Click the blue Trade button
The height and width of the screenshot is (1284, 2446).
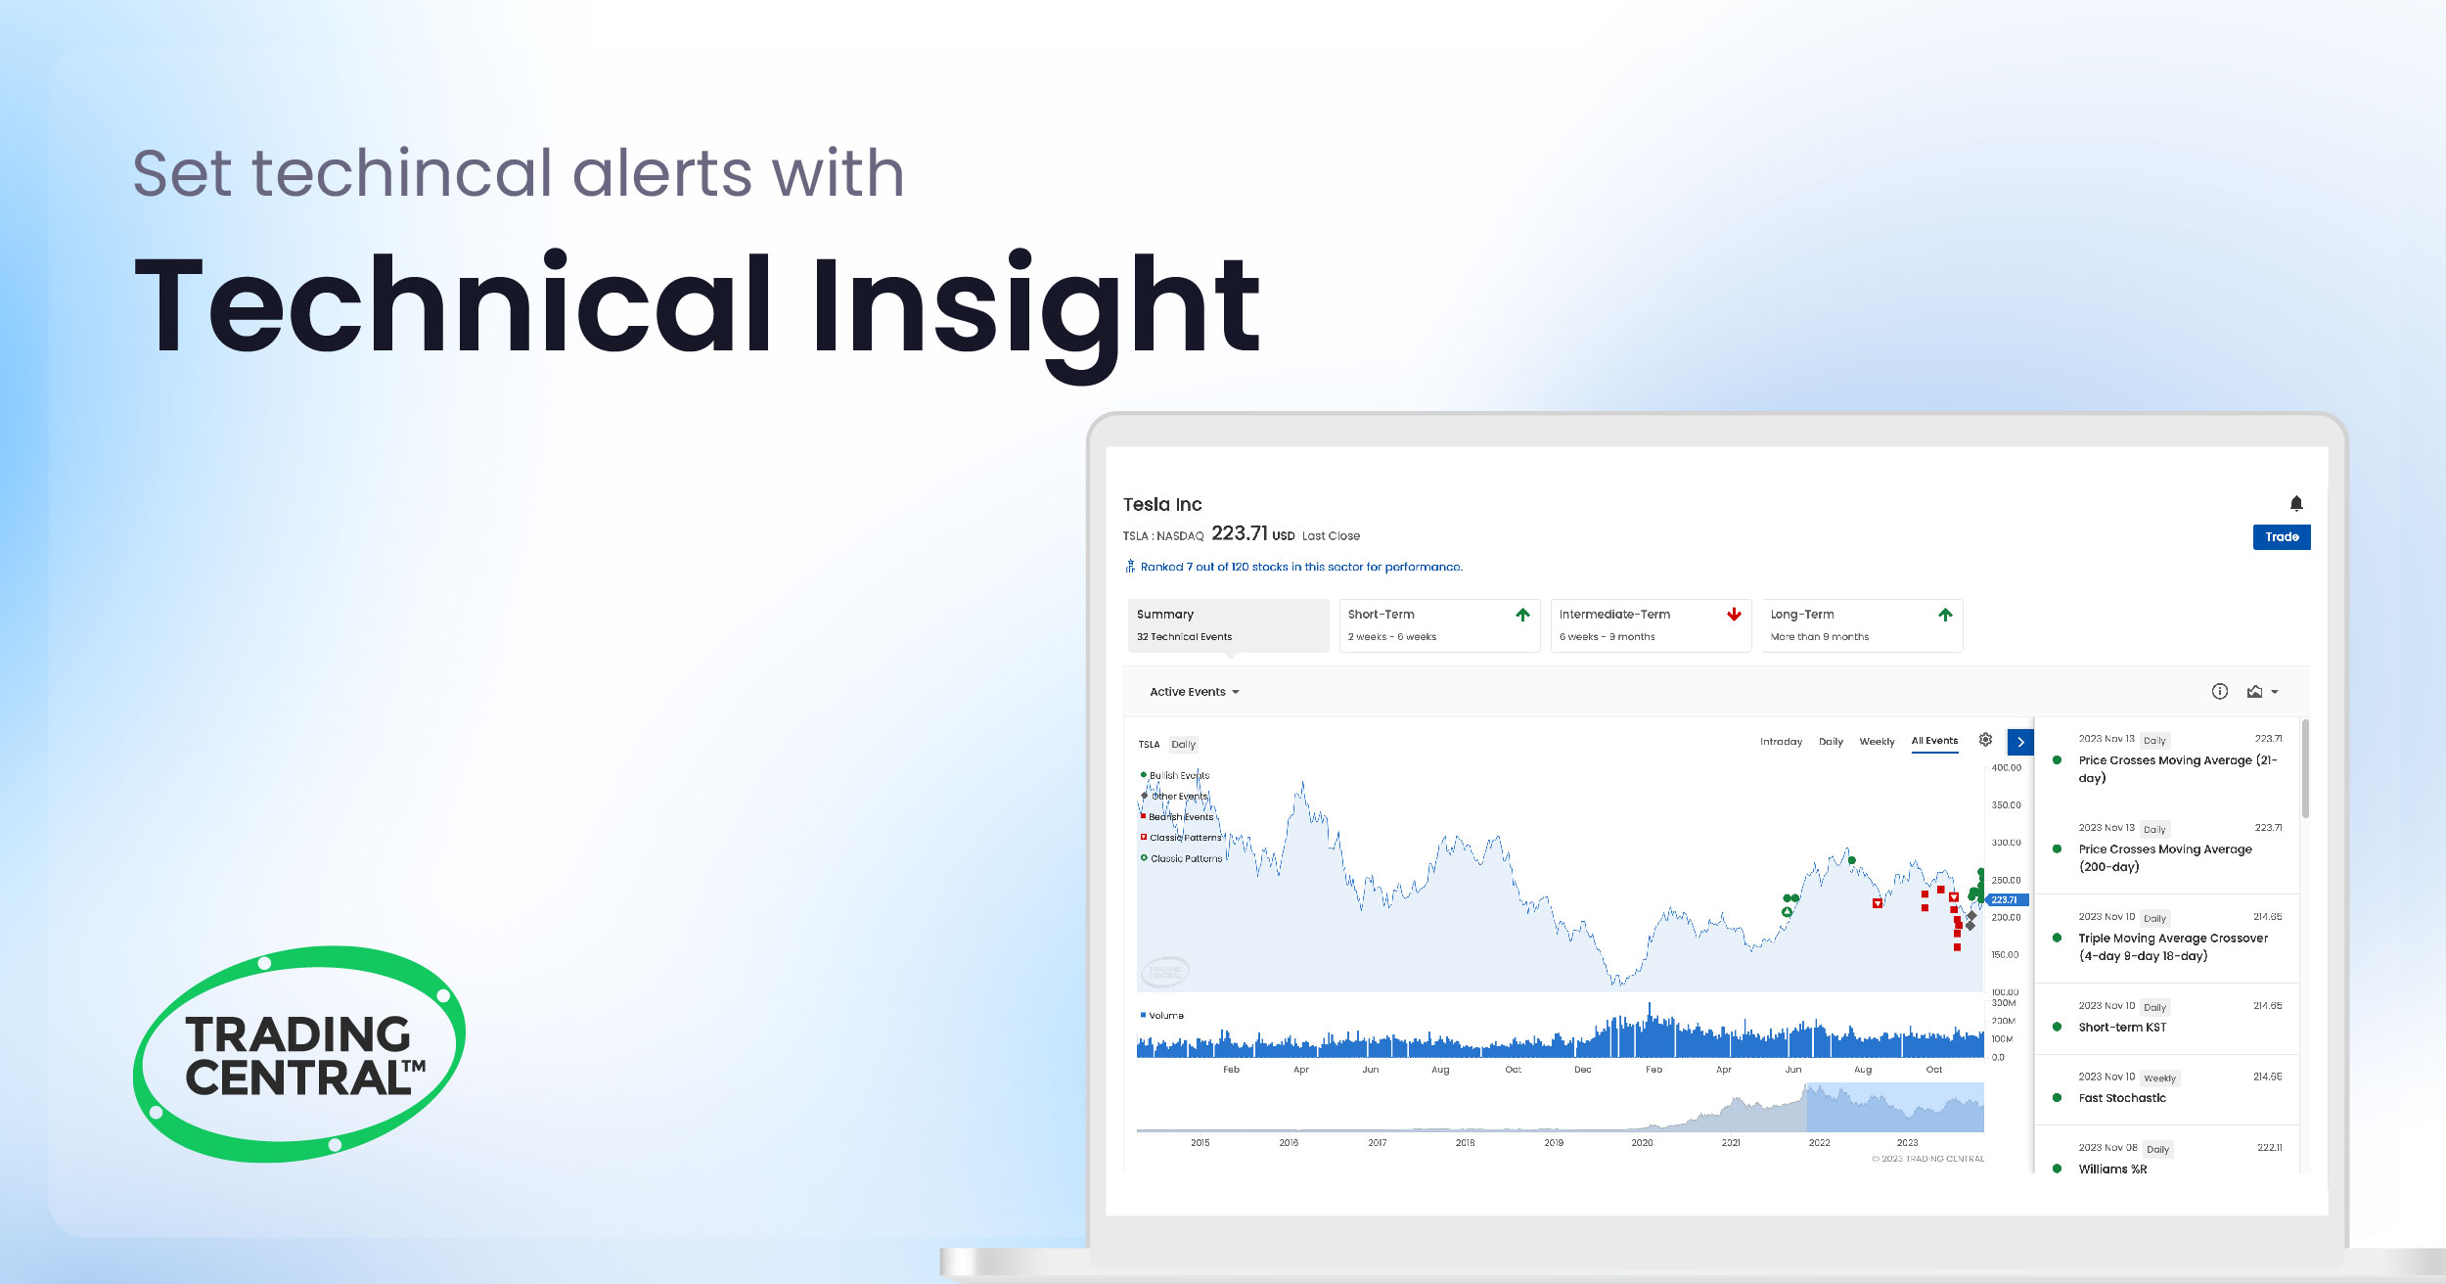(2281, 536)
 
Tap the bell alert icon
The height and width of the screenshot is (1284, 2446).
(2295, 503)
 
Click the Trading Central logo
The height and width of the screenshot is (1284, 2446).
(298, 1054)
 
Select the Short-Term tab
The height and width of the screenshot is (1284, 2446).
(1438, 624)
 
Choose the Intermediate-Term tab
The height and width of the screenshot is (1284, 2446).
(1650, 624)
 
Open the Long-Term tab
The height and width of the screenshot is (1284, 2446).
(1861, 624)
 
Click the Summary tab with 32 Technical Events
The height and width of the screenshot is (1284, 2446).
(1227, 624)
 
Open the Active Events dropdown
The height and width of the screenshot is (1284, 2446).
(1194, 692)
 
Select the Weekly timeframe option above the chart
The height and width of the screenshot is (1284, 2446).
(1876, 742)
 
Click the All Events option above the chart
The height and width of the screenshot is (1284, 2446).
(1934, 741)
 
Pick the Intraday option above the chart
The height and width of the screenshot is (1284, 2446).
(1780, 742)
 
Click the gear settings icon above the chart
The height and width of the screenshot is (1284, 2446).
(1985, 740)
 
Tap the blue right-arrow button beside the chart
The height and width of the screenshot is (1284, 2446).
(2019, 742)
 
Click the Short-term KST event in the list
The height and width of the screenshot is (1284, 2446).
(2122, 1027)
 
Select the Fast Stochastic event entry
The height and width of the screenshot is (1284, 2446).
(2121, 1098)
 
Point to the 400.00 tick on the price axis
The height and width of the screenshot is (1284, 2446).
(2006, 768)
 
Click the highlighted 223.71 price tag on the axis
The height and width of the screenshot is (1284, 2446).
(2004, 899)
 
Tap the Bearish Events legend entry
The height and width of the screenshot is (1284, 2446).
(1180, 817)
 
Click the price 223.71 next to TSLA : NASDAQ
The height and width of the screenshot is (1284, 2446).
(1239, 533)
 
